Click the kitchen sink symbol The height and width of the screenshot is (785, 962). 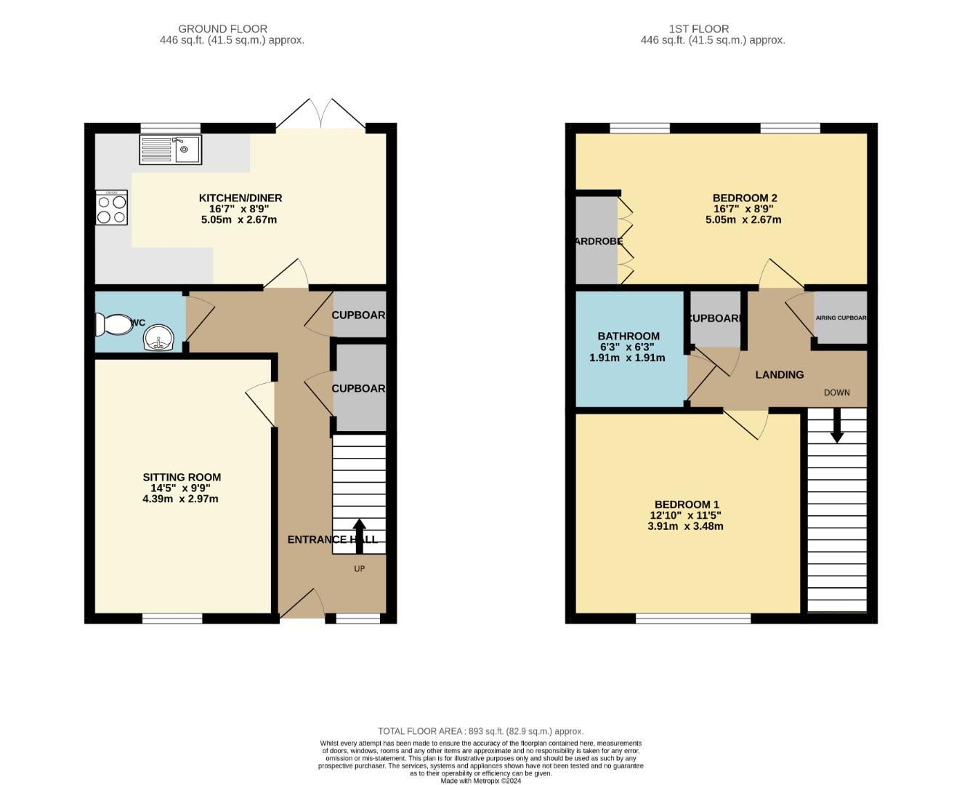coord(170,150)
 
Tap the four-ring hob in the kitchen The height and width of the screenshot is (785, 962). coord(111,208)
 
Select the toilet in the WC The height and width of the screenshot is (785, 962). coord(114,324)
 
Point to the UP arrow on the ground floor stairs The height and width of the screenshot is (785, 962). coord(359,536)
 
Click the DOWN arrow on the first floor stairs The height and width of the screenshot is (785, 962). coord(837,426)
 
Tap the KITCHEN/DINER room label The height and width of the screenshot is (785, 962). coord(240,198)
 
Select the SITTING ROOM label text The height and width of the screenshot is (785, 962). coord(182,478)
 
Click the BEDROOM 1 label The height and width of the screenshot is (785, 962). coord(687,504)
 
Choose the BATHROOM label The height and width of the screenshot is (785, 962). coord(628,336)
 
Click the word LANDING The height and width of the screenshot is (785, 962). coord(780,375)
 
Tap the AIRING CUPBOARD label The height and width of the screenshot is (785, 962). coord(841,318)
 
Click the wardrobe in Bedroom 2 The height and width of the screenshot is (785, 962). coord(597,241)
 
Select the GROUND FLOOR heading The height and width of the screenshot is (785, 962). coord(222,29)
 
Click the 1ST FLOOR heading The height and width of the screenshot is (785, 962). coord(699,29)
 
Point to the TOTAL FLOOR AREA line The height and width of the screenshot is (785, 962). coord(480,731)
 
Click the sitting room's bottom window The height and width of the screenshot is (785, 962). coord(172,619)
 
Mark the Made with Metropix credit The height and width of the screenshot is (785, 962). coord(480,781)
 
